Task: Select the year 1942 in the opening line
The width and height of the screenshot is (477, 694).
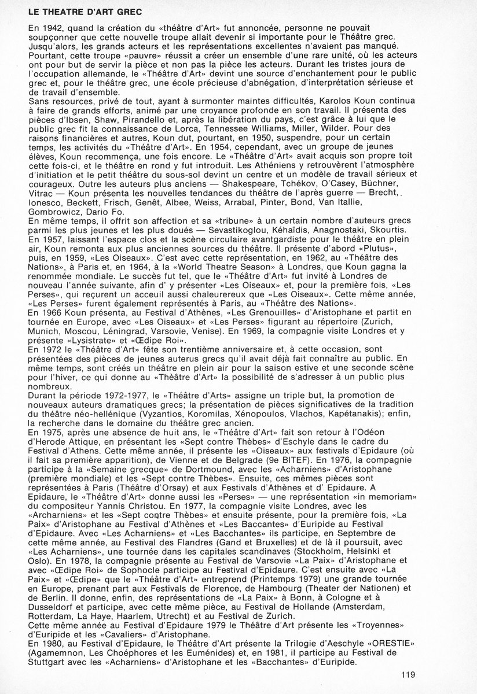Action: (x=50, y=27)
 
